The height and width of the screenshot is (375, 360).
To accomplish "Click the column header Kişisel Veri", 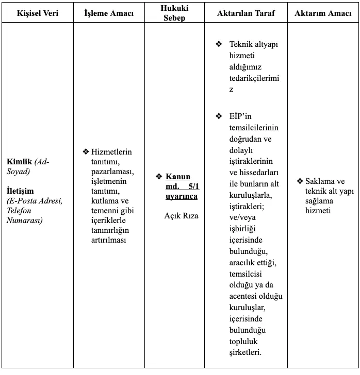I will pos(38,13).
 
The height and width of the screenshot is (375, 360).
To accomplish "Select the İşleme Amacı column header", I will pos(109,13).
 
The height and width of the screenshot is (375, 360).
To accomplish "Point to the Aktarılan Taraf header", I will pos(246,13).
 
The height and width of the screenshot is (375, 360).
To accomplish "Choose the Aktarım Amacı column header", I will pos(323,13).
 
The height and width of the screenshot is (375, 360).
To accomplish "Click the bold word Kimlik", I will pos(18,161).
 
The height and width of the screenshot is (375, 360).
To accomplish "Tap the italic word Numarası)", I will pos(24,220).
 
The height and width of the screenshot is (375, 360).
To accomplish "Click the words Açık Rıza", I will pos(181,216).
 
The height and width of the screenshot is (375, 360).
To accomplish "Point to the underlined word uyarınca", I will pos(182,196).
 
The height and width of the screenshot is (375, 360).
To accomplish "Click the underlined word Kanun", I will pos(178,177).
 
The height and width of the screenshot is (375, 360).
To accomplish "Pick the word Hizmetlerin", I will pos(111,151).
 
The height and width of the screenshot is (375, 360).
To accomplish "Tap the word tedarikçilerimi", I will pos(254,78).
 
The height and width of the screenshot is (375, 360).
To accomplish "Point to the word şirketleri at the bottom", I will pos(245,352).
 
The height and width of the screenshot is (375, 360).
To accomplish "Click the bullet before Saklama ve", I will pos(300,181).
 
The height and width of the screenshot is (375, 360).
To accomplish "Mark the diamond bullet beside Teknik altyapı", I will pos(219,44).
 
